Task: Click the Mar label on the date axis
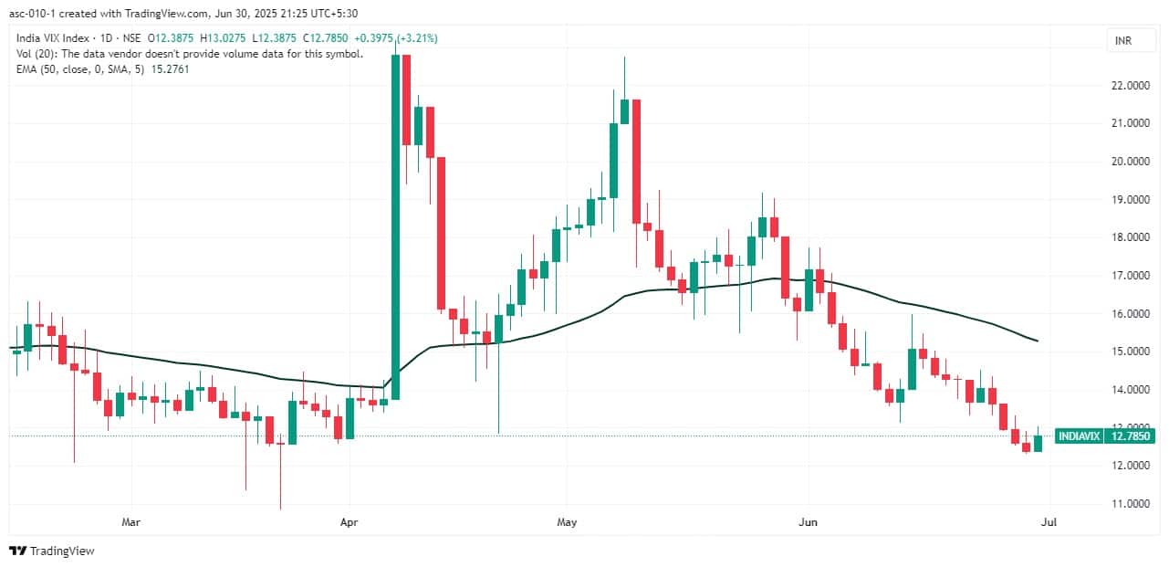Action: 132,523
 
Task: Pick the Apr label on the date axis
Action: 349,523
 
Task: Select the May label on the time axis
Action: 567,523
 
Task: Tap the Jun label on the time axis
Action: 807,523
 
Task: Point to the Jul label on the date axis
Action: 1049,523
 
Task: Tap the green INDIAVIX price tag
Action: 1079,436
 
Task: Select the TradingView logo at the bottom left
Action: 52,551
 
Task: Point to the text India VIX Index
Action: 51,38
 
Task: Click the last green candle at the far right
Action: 1038,443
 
